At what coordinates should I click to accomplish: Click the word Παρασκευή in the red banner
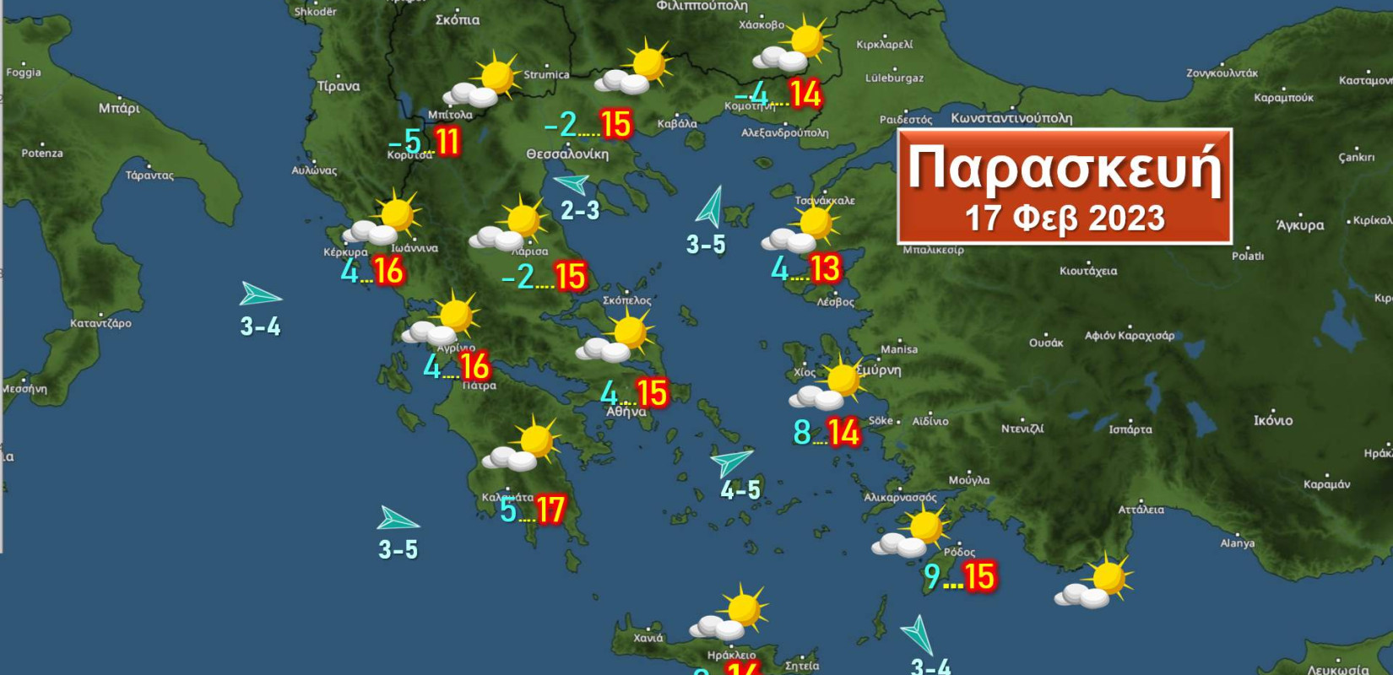[x=1064, y=169]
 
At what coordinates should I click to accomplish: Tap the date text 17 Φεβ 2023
[x=1064, y=219]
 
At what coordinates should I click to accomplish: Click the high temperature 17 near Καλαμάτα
[x=550, y=510]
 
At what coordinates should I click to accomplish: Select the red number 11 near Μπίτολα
[x=447, y=142]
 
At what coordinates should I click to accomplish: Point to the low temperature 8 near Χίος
[x=801, y=433]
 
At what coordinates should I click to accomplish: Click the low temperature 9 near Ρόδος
[x=932, y=576]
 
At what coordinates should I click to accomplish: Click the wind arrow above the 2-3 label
[x=572, y=183]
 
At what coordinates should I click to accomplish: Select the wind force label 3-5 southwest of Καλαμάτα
[x=398, y=550]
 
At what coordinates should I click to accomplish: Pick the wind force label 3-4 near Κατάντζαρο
[x=260, y=327]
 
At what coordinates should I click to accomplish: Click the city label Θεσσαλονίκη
[x=567, y=154]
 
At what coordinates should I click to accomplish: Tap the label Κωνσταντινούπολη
[x=1011, y=118]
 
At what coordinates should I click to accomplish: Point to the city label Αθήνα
[x=626, y=412]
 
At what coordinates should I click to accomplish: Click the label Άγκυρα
[x=1300, y=225]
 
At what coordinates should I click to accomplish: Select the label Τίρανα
[x=339, y=86]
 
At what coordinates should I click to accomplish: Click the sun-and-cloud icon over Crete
[x=730, y=613]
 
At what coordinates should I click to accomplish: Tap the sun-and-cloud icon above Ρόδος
[x=912, y=533]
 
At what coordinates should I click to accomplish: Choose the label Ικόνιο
[x=1273, y=420]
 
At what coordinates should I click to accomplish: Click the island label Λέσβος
[x=836, y=301]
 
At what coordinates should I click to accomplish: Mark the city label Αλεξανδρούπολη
[x=785, y=133]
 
